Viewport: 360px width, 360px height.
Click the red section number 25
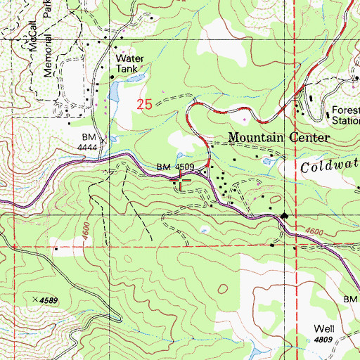(x=144, y=104)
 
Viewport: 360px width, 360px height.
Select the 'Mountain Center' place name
(x=279, y=137)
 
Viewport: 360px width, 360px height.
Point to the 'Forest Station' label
(x=345, y=115)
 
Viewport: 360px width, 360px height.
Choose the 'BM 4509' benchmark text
(x=174, y=167)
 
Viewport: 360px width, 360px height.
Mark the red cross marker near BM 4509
(x=181, y=181)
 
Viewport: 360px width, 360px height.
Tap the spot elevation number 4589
(x=49, y=300)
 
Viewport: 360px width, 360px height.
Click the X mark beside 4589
(x=35, y=299)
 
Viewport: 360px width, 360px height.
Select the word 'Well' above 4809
(x=323, y=329)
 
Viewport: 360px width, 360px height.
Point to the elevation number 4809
(x=323, y=340)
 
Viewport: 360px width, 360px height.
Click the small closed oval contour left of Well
(x=222, y=288)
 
